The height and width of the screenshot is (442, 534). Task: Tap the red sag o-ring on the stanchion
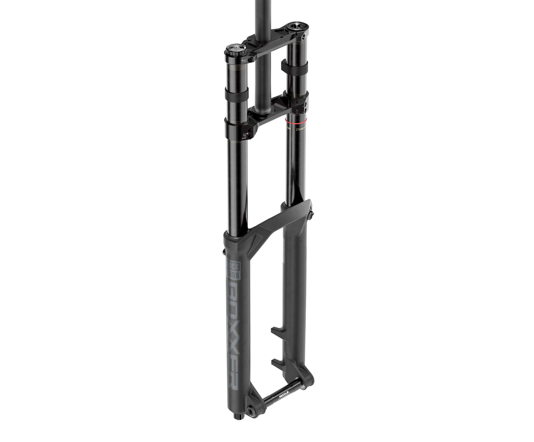coord(296,119)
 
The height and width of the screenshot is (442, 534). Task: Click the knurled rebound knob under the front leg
coord(238,423)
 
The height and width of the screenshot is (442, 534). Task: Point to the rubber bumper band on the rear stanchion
coord(294,65)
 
